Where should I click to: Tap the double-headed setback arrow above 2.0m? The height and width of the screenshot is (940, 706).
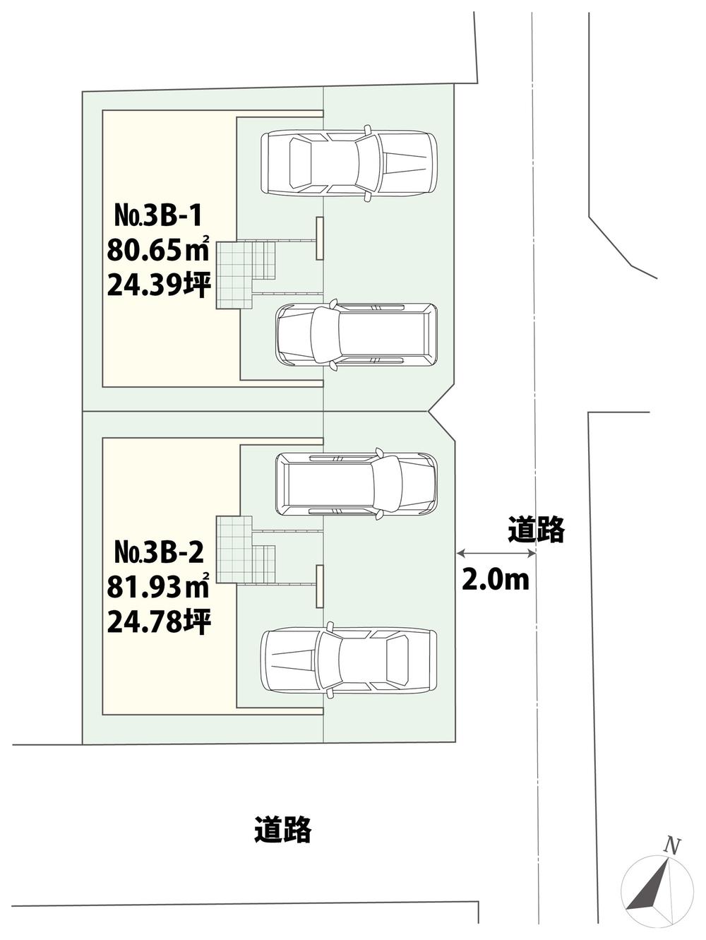point(496,553)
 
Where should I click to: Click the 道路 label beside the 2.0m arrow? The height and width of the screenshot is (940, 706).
point(537,528)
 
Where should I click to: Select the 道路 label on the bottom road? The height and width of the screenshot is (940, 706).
point(282,829)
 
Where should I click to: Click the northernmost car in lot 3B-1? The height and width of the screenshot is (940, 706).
point(349,162)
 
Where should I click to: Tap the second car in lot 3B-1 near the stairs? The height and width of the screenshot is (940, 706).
point(356,335)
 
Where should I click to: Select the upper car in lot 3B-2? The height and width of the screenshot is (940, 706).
point(356,484)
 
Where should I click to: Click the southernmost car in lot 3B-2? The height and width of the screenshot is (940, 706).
point(349,660)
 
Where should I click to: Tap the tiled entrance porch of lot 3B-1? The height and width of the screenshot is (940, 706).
point(234,275)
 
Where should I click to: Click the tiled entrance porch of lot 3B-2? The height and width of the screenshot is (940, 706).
point(234,549)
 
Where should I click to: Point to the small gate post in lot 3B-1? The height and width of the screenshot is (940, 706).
point(319,238)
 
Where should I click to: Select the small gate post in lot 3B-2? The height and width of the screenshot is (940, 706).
point(319,585)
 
